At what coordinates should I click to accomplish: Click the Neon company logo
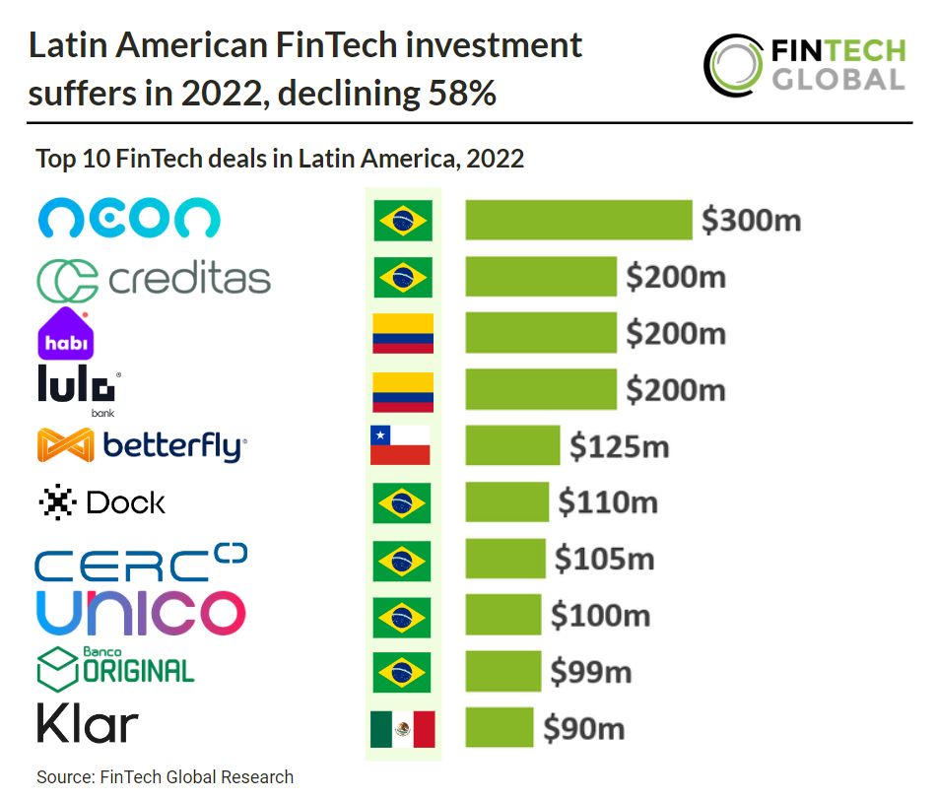coord(129,219)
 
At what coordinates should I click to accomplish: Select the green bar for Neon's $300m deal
coord(578,220)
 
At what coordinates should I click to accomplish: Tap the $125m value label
coord(619,446)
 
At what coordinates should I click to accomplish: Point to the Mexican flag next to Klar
coord(402,729)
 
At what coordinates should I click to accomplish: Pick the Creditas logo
coord(153,280)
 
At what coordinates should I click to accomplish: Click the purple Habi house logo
coord(66,333)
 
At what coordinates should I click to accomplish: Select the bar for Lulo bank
coord(540,389)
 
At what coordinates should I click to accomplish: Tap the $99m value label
coord(590,672)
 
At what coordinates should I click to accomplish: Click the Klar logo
coord(87,725)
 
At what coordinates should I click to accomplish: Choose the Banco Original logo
coord(115,667)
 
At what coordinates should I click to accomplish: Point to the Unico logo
coord(140,613)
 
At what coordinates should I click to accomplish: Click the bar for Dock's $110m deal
coord(506,502)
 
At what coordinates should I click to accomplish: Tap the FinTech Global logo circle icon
coord(734,64)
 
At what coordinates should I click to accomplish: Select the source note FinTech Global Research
coord(166,777)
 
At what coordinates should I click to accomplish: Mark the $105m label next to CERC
coord(604,559)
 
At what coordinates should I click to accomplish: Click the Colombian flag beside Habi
coord(402,333)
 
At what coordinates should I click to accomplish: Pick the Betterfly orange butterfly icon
coord(66,446)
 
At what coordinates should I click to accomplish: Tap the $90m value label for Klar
coord(584,729)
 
